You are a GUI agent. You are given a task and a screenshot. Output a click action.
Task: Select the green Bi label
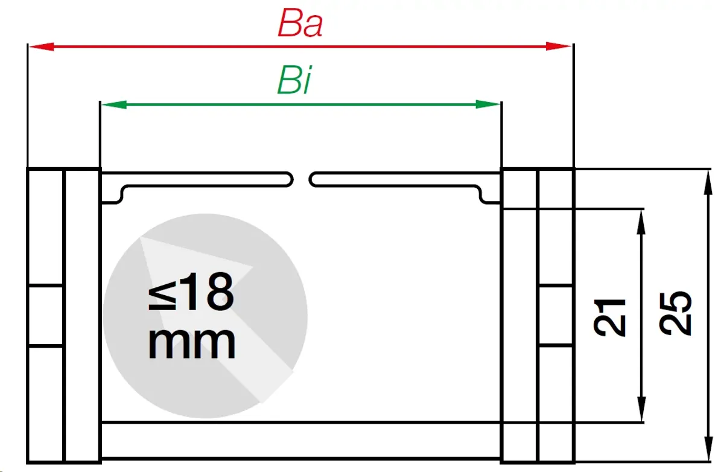pyautogui.click(x=294, y=80)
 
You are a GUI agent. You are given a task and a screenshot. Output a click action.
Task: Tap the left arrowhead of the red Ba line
pyautogui.click(x=42, y=46)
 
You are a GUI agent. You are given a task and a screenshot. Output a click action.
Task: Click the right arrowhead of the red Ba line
pyautogui.click(x=558, y=46)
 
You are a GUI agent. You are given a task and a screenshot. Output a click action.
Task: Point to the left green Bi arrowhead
pyautogui.click(x=114, y=104)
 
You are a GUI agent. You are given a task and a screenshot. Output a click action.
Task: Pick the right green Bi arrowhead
pyautogui.click(x=487, y=104)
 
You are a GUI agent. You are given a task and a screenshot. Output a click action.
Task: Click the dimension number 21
pyautogui.click(x=609, y=318)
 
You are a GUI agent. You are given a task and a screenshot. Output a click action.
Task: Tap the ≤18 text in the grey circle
pyautogui.click(x=191, y=292)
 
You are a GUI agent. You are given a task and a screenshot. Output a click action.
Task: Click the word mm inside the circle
pyautogui.click(x=192, y=343)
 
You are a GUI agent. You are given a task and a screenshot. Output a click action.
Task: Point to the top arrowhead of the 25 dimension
pyautogui.click(x=708, y=183)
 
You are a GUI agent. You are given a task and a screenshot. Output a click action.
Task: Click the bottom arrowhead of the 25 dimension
pyautogui.click(x=708, y=448)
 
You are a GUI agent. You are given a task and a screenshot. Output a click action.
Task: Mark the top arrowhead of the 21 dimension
pyautogui.click(x=641, y=223)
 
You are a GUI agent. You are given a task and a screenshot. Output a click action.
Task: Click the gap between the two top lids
pyautogui.click(x=301, y=180)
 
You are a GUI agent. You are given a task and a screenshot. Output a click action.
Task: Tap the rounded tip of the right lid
pyautogui.click(x=313, y=180)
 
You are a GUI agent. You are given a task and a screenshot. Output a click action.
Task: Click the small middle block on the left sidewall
pyautogui.click(x=45, y=316)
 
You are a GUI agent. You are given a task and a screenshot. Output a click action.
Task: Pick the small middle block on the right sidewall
pyautogui.click(x=556, y=316)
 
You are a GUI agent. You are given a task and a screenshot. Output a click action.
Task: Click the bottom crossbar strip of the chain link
pyautogui.click(x=301, y=441)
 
